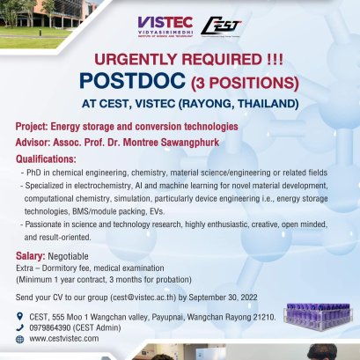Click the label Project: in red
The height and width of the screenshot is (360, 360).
point(34,127)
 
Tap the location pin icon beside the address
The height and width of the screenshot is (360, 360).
point(19,316)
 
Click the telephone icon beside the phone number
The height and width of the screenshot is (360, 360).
point(19,327)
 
